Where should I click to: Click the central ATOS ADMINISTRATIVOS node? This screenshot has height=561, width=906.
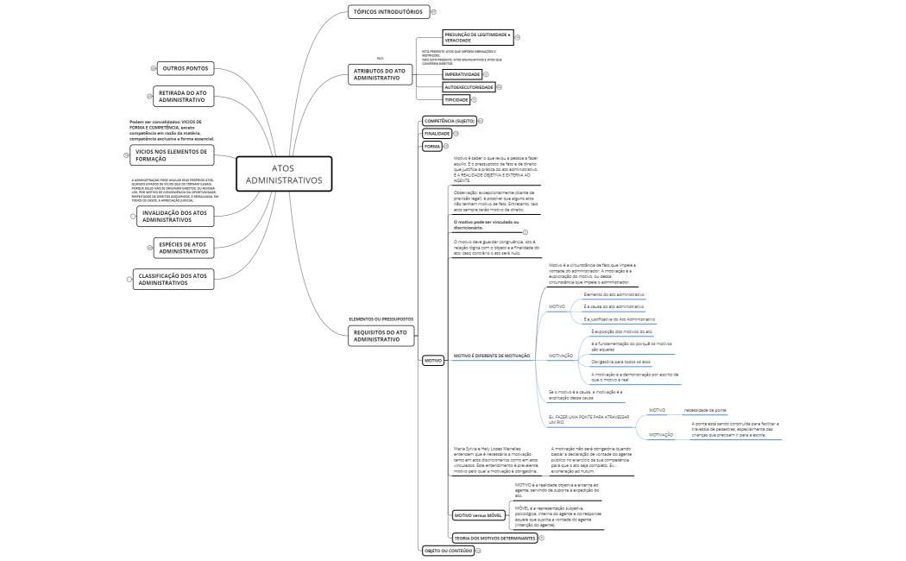tap(284, 174)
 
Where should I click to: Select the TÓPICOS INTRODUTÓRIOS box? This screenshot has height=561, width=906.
tap(388, 12)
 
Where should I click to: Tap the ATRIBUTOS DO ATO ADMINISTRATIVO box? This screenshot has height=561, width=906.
tap(380, 74)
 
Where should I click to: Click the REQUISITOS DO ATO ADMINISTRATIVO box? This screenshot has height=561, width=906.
tap(380, 336)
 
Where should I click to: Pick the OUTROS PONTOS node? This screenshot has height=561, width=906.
tap(185, 68)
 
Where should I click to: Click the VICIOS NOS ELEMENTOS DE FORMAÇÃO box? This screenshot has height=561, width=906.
tap(170, 155)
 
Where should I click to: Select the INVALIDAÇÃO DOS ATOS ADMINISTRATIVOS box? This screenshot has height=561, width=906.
tap(175, 216)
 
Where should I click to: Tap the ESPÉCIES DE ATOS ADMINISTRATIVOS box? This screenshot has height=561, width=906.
tap(183, 248)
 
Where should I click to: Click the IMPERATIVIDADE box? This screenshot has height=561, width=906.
tap(462, 74)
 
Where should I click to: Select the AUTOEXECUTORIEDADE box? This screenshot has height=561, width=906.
tap(469, 87)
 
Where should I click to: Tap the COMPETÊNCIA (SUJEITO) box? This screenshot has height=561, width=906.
tap(448, 121)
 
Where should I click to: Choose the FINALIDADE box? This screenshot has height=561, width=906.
tap(437, 134)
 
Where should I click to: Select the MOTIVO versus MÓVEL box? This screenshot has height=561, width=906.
tap(478, 515)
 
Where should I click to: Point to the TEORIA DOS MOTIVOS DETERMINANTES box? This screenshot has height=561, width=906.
tap(494, 538)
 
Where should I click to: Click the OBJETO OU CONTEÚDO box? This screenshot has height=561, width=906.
tap(447, 550)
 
